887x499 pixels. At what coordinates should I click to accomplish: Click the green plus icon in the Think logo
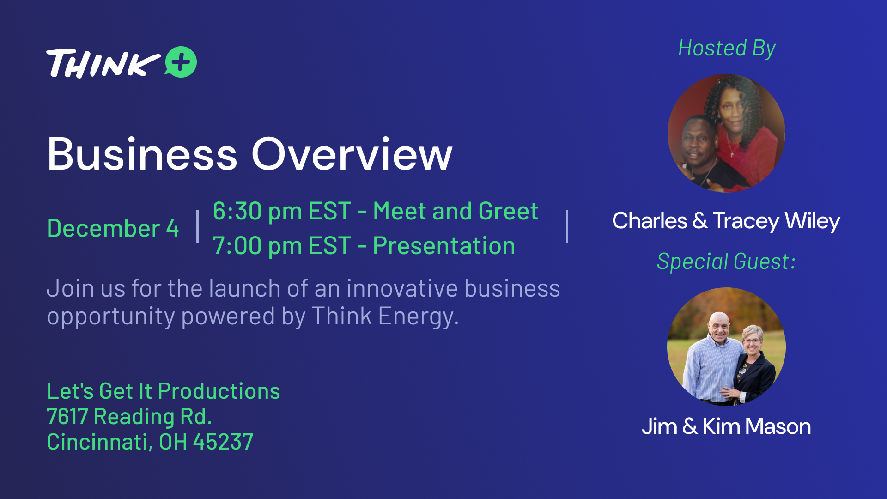point(181,62)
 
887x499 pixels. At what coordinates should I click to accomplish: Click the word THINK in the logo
point(103,63)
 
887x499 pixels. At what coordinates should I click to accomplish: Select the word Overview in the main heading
point(352,154)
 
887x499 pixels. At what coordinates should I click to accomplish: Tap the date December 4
point(113,228)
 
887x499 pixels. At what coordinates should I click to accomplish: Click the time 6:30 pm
point(256,212)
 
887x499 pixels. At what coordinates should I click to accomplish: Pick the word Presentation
point(444,246)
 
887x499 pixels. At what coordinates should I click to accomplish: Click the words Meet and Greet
point(456,211)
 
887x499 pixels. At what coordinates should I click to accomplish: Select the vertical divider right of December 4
point(198,226)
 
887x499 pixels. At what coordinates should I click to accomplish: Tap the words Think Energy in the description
point(385,316)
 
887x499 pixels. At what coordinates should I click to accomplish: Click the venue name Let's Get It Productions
point(164,391)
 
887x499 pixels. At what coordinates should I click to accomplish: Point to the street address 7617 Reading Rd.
point(129,416)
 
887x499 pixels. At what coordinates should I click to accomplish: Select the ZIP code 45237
point(223,442)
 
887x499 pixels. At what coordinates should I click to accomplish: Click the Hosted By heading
point(727,49)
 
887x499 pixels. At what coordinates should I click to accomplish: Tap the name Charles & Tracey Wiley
point(726,221)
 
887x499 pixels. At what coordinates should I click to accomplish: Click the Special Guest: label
point(726,262)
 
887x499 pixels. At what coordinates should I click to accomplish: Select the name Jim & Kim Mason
point(726,426)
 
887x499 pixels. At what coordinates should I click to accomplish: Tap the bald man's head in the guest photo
point(719,326)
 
